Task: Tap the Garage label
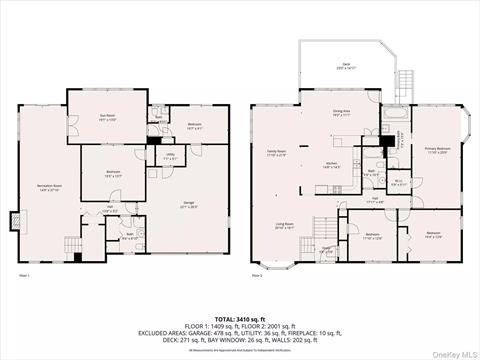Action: [x=188, y=206]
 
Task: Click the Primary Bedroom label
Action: [x=433, y=150]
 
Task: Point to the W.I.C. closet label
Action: [x=397, y=182]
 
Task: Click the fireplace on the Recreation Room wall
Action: [x=13, y=219]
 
